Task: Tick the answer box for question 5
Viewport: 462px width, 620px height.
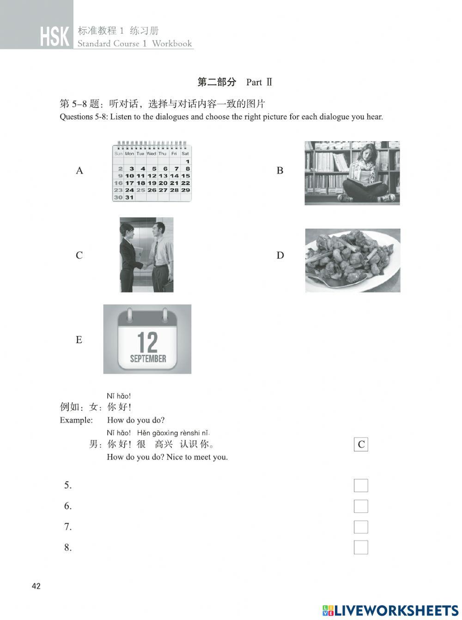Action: pos(361,485)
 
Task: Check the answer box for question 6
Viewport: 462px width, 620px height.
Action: pos(361,506)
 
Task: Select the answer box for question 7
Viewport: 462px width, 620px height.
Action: pos(361,527)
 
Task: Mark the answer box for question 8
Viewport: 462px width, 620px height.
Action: pos(361,548)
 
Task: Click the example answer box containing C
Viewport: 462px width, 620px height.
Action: pos(361,444)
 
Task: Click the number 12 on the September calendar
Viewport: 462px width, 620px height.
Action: pos(147,342)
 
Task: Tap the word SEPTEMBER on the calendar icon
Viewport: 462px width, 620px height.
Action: pos(148,358)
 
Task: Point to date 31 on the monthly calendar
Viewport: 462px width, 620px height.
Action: pos(129,197)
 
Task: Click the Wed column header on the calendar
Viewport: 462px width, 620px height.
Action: pos(151,154)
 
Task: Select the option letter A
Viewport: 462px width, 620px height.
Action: pos(79,171)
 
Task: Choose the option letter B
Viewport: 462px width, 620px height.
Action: pos(280,171)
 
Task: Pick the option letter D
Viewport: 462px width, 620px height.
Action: pos(280,255)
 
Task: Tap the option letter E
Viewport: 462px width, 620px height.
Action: pos(79,340)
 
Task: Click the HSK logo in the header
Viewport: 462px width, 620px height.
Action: pos(55,37)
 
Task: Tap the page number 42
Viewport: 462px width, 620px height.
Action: pos(36,586)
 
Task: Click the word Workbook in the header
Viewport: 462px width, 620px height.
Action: pos(172,44)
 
